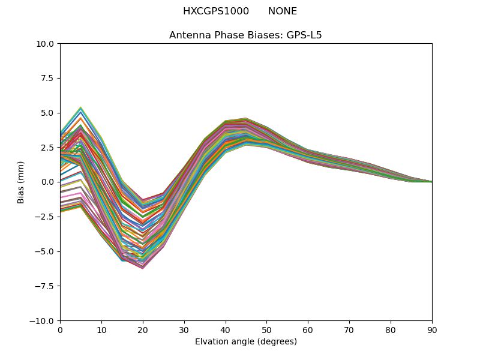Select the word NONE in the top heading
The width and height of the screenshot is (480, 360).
283,11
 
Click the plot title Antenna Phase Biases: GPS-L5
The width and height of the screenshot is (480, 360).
245,35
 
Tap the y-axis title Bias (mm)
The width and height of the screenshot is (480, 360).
21,182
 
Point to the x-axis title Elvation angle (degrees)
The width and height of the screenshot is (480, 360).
245,342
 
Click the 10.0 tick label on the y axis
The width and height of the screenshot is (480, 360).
46,44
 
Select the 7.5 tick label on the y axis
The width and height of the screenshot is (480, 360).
48,79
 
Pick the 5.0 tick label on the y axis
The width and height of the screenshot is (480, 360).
48,113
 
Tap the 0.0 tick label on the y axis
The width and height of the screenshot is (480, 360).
48,182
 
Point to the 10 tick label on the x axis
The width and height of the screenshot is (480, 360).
101,329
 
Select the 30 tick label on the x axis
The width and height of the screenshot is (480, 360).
184,329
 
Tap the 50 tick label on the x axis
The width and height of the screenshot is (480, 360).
266,329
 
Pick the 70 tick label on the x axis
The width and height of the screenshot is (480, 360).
349,329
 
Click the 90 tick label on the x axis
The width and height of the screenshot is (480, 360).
432,329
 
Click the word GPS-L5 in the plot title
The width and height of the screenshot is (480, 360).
305,35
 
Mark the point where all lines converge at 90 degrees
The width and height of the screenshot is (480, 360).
431,182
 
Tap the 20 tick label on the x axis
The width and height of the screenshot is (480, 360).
143,329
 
